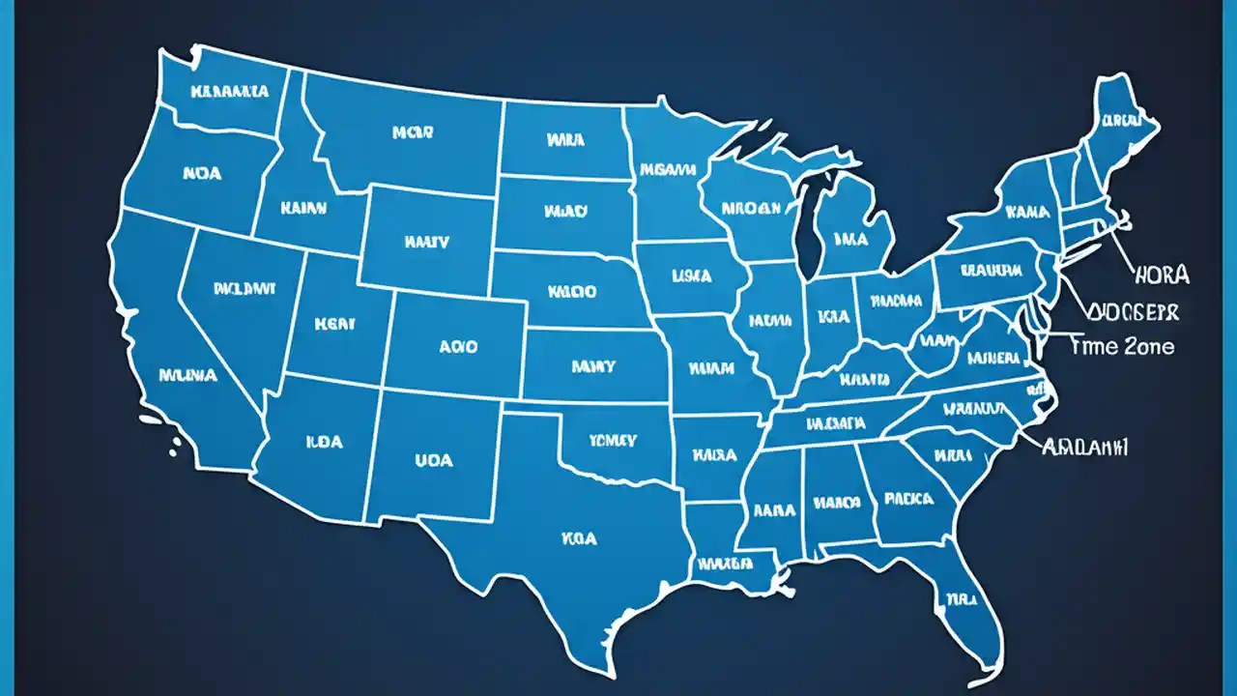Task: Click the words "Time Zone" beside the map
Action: coord(1123,346)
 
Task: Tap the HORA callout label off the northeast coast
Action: coord(1159,275)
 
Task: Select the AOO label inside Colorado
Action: coord(457,346)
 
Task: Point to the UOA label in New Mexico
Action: coord(433,460)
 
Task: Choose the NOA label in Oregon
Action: coord(201,174)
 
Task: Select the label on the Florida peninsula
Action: coord(961,598)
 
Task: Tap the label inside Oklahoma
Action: coord(613,441)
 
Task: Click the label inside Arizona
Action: coord(324,442)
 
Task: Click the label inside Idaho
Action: coord(302,207)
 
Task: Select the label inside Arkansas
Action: coord(715,452)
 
